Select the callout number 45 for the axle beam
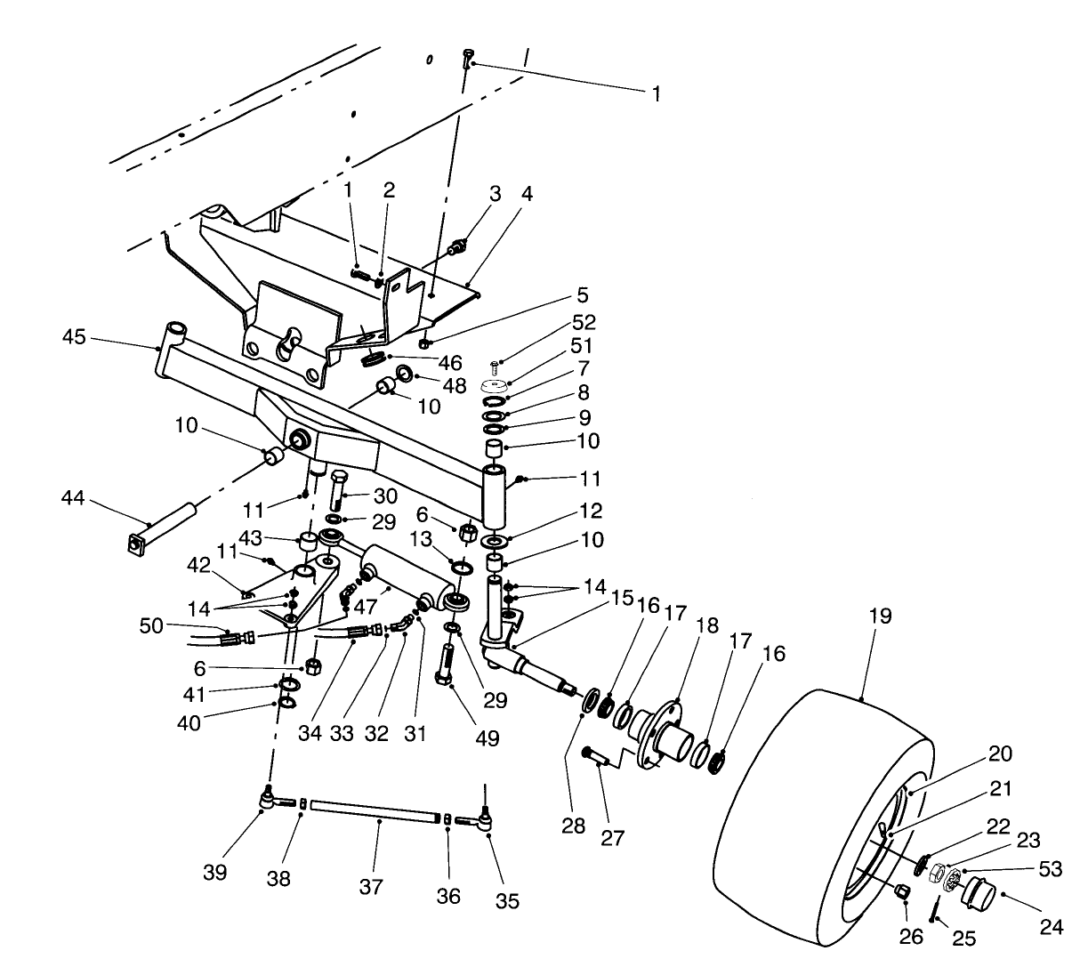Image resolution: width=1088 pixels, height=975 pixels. click(x=76, y=336)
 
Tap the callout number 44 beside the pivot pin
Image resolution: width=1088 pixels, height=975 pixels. click(x=73, y=498)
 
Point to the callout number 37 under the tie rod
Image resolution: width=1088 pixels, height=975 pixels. click(x=371, y=886)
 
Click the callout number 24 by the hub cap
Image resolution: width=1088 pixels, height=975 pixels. click(x=1051, y=926)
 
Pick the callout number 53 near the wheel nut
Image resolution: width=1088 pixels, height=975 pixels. click(x=1051, y=869)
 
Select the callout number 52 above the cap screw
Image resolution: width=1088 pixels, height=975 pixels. click(x=584, y=322)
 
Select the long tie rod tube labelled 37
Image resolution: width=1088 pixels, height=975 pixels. click(x=378, y=811)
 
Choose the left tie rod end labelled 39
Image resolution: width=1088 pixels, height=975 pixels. click(x=267, y=798)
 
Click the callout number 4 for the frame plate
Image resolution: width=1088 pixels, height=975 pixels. click(x=528, y=193)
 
